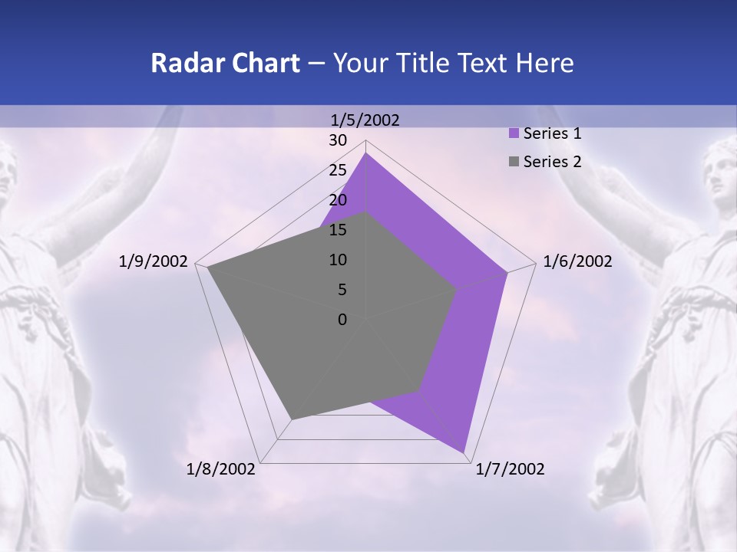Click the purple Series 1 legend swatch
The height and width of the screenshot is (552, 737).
click(x=514, y=133)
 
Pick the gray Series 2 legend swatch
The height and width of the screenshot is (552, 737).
click(x=514, y=162)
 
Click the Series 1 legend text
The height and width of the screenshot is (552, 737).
click(x=552, y=133)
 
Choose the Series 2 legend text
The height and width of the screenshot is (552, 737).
click(x=552, y=162)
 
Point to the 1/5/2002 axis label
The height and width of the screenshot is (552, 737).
click(x=365, y=120)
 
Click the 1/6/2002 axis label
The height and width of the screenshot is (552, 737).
click(x=577, y=261)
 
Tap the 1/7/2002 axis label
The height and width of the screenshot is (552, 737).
click(x=510, y=469)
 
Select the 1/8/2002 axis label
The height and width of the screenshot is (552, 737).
click(x=221, y=469)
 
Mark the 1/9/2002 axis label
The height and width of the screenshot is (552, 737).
click(x=154, y=261)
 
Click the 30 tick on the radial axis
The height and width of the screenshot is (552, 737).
click(x=338, y=140)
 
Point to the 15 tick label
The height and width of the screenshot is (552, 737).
click(x=338, y=230)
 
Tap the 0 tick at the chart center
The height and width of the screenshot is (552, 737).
click(x=342, y=320)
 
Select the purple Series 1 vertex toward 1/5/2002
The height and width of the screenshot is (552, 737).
click(x=365, y=153)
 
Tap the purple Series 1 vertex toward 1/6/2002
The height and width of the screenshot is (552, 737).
click(x=507, y=272)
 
